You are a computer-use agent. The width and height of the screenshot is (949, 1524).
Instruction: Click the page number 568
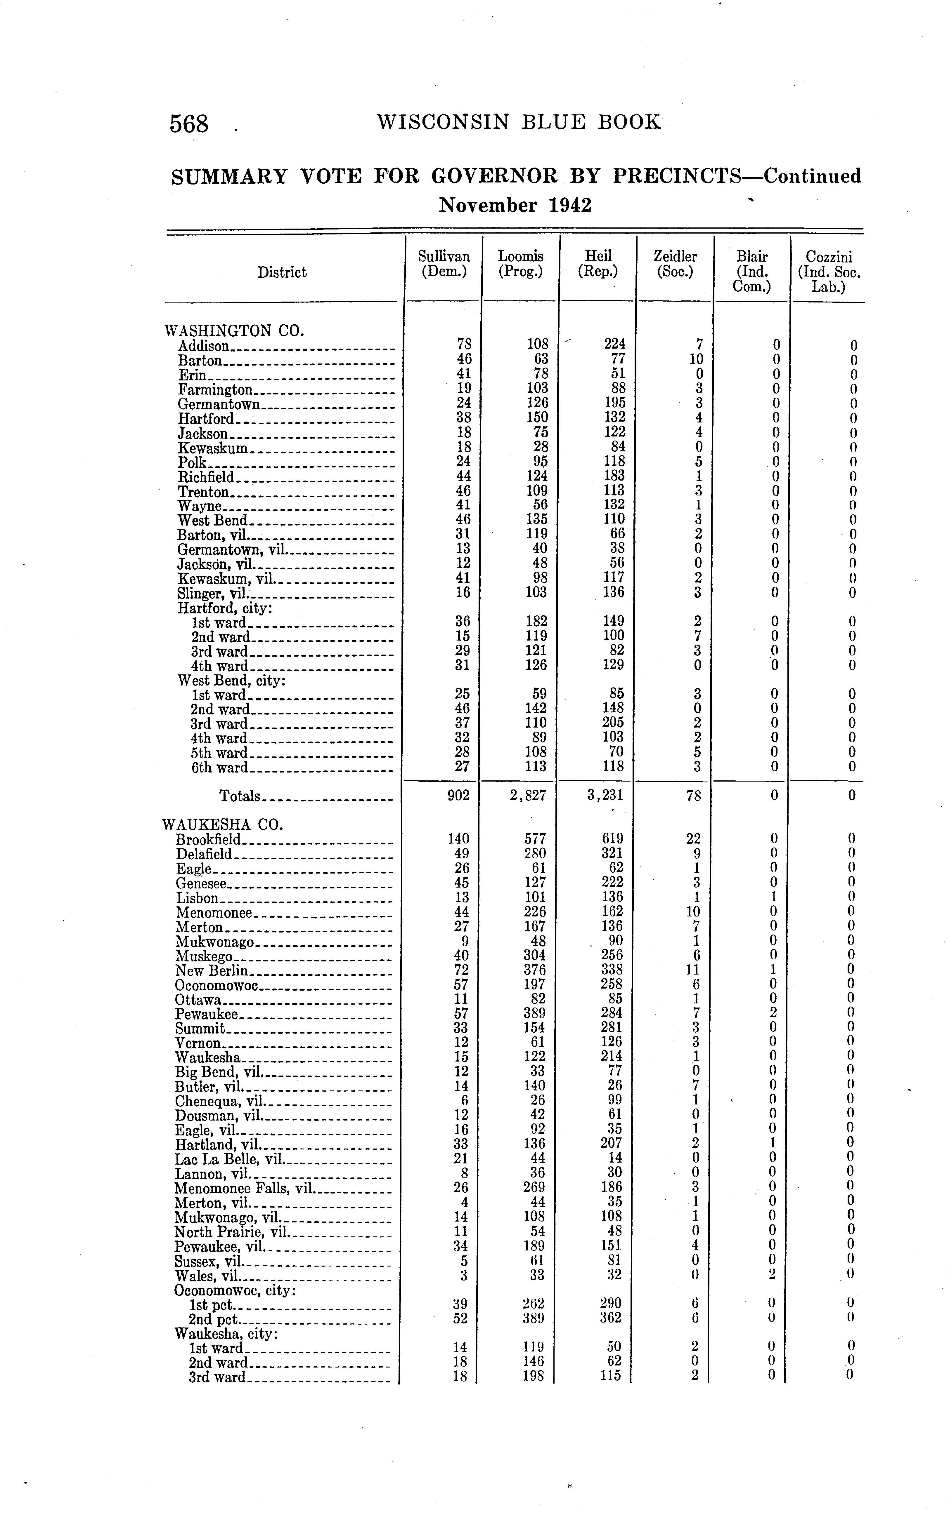(x=188, y=123)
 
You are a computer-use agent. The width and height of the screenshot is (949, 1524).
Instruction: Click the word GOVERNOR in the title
(x=494, y=176)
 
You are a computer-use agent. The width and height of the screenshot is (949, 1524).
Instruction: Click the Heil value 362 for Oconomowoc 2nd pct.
(x=610, y=1318)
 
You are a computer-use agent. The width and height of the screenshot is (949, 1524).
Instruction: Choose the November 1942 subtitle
(x=515, y=205)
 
